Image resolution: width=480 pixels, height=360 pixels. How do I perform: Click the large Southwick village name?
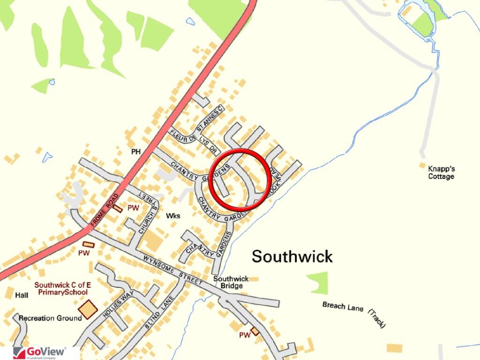point(292,256)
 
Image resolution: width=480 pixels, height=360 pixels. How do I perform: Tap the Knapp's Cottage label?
point(441,172)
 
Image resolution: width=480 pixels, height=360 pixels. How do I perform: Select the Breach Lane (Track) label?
point(353,313)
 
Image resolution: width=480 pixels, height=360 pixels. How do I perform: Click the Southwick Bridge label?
point(231,282)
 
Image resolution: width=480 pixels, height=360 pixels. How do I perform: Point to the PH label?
point(136,152)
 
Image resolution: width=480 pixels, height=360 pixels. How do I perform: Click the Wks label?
point(173,216)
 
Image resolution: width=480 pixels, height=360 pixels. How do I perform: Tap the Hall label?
point(22,295)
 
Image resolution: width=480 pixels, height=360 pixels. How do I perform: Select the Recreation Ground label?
point(50,318)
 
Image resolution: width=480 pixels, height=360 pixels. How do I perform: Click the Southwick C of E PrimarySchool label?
point(61,288)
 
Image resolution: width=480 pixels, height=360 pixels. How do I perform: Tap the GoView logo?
point(39,352)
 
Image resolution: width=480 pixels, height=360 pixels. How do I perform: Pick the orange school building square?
point(88,309)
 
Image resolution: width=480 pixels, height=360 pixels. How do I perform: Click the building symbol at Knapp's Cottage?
point(422,165)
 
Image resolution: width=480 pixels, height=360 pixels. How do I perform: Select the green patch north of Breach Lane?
point(319,282)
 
